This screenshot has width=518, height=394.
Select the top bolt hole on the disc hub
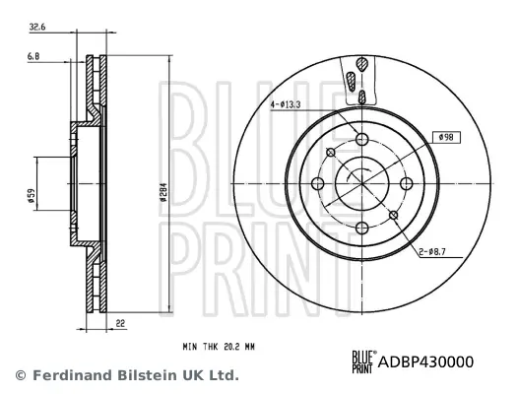[x=360, y=139]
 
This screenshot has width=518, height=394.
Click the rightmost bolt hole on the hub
[x=405, y=183]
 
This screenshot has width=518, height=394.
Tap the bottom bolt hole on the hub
[x=360, y=228]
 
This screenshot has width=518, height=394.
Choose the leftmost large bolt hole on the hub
[x=316, y=183]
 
